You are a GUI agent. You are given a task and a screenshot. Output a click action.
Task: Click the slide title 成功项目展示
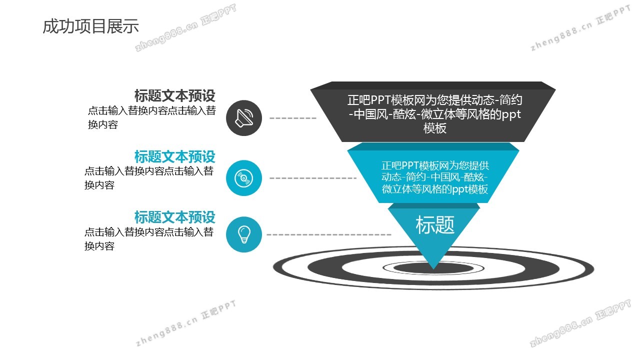point(91,26)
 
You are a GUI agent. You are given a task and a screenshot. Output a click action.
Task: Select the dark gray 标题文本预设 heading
point(175,95)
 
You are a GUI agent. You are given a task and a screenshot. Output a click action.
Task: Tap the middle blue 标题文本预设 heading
point(175,156)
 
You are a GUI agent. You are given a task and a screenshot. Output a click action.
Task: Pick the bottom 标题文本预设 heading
point(175,217)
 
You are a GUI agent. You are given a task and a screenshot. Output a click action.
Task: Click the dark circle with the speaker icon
point(243,117)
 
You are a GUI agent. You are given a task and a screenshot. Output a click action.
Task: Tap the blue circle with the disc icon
point(243,178)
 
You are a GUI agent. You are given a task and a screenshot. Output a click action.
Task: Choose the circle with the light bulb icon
point(243,234)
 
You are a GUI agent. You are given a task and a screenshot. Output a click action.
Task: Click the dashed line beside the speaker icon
point(293,118)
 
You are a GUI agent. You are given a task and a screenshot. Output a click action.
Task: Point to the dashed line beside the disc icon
point(313,178)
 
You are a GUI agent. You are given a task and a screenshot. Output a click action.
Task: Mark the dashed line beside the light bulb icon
point(328,234)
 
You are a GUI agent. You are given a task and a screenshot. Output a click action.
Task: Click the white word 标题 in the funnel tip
point(434,225)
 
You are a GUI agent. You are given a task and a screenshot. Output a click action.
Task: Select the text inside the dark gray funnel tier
point(434,114)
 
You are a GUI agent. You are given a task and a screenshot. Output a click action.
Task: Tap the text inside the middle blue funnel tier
point(434,177)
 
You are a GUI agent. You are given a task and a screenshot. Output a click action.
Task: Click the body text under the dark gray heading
point(151,117)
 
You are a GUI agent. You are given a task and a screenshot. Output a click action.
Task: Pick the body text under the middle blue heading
point(149,178)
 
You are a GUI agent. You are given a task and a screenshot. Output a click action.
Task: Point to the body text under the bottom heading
point(149,239)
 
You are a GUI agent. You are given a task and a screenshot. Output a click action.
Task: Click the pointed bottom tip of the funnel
point(433,269)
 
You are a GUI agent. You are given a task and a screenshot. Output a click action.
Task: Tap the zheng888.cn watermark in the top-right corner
point(580,28)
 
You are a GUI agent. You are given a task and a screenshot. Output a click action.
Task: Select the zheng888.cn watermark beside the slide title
point(185,27)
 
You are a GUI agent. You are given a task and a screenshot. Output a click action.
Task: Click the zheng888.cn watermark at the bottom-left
point(185,323)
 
